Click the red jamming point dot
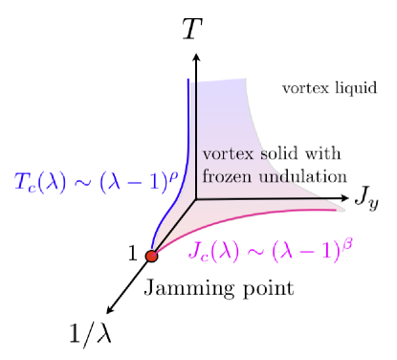coord(151,256)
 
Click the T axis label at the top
coord(192,30)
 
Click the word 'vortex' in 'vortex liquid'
coord(301,89)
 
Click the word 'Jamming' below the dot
coord(179,288)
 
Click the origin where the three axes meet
coord(195,200)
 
